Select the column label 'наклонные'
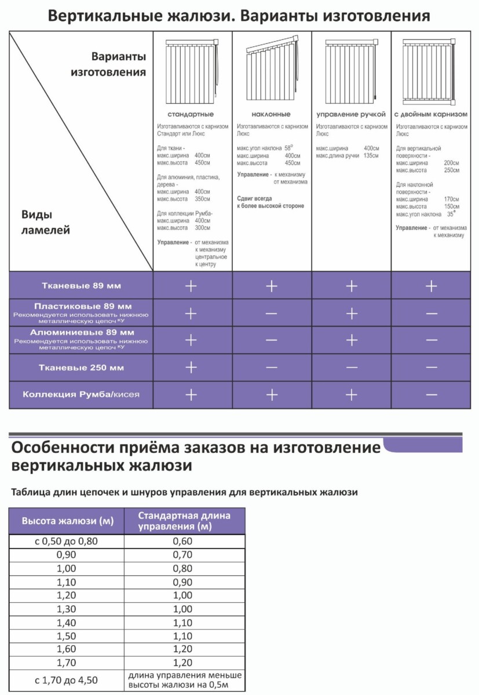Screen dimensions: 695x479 (x=271, y=114)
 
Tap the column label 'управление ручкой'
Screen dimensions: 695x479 (x=351, y=114)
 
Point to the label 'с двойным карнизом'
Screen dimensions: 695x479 (x=430, y=114)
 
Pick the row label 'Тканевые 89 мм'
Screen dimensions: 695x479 (x=81, y=286)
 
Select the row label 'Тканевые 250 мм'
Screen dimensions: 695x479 (x=81, y=368)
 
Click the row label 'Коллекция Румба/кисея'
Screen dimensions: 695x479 (x=81, y=395)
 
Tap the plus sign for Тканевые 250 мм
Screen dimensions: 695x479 (x=191, y=368)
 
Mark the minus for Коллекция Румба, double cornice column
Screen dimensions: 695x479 (x=431, y=395)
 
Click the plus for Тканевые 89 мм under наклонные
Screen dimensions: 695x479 (x=272, y=286)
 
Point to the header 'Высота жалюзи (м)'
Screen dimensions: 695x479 (x=68, y=521)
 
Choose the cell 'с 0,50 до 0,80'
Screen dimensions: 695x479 (x=68, y=542)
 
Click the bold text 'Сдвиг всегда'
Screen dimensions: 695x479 (x=255, y=197)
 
